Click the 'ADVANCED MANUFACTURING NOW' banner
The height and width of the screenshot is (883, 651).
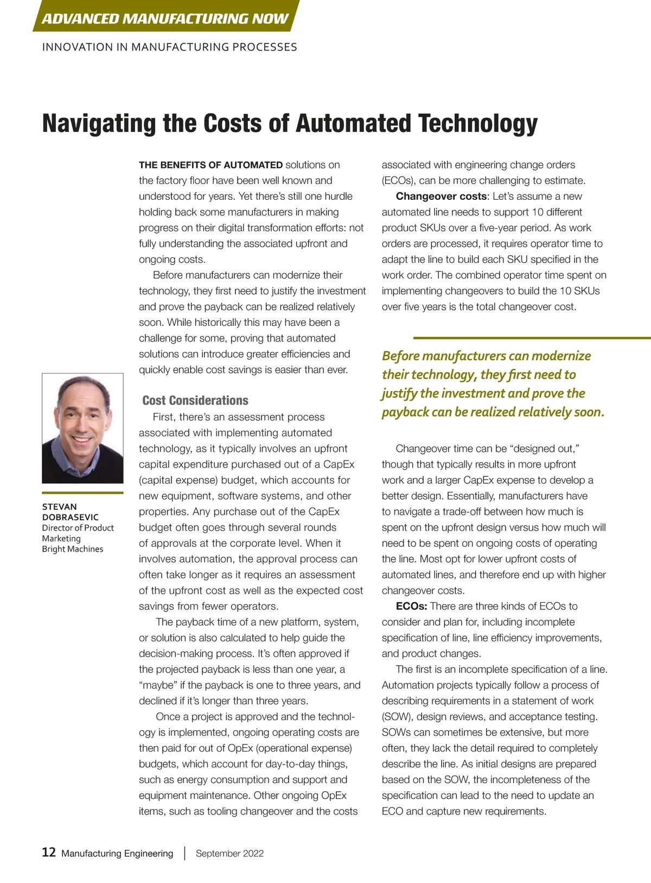pos(165,18)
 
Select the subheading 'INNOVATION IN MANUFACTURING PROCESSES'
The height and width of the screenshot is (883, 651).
pos(169,47)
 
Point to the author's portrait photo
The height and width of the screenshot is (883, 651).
pos(82,428)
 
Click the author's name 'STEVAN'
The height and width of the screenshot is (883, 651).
pos(60,507)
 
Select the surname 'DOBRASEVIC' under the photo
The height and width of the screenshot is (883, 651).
pos(71,517)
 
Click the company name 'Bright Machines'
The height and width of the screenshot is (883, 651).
pos(73,549)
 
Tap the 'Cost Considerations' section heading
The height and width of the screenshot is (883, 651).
pos(195,401)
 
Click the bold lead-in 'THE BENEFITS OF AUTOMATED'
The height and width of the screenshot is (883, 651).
pos(211,165)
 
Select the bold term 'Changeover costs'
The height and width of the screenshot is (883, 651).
pos(441,197)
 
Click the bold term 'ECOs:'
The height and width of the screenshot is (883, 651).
pos(411,607)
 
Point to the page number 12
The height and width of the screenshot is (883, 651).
pos(49,853)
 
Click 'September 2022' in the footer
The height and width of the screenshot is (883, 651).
pos(229,854)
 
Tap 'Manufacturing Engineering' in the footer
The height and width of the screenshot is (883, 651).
pos(117,854)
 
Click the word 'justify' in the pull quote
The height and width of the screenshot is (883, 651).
pos(399,394)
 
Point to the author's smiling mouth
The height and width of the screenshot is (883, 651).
pos(81,438)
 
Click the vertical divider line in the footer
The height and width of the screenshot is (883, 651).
pos(184,853)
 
